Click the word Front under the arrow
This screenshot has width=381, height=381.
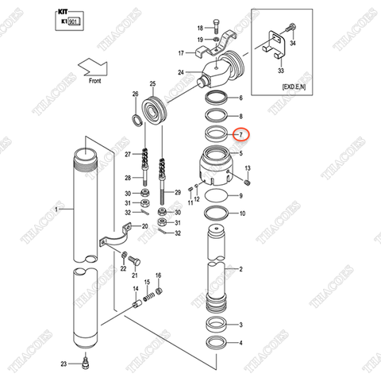point(95,79)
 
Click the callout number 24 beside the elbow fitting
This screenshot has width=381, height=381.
point(181,72)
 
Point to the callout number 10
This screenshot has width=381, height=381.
point(242,214)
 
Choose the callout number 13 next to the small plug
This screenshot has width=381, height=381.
point(248,167)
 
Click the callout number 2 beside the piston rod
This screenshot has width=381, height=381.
point(241,269)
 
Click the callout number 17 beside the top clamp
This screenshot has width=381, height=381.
point(181,53)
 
